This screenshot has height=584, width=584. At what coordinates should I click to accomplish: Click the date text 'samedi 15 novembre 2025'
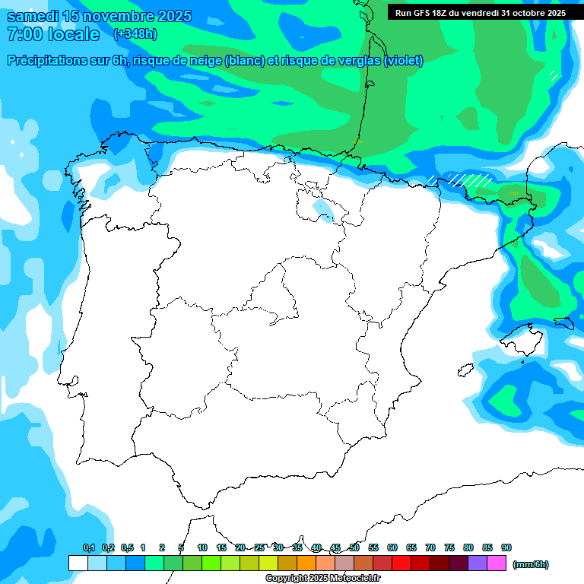point(99,16)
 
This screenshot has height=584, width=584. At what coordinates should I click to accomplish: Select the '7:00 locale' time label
point(52,34)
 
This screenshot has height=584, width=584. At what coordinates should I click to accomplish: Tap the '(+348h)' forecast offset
point(135,34)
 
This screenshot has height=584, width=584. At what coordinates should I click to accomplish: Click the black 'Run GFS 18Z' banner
point(478,12)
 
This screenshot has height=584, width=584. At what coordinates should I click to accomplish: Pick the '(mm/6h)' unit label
point(531,564)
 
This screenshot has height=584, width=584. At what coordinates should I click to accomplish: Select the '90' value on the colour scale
point(506,548)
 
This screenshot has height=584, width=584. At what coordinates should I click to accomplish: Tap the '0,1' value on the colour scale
point(88,548)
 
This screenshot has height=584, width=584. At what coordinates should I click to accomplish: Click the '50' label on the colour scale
point(354,548)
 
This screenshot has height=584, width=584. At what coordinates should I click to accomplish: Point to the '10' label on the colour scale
point(202,548)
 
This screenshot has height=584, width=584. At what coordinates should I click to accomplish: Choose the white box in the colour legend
point(78,563)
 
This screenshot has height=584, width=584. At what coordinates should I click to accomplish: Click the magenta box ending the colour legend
point(497,563)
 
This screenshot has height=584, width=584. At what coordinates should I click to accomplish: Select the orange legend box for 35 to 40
point(306,563)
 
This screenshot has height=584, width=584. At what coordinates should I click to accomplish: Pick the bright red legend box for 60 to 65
point(401,563)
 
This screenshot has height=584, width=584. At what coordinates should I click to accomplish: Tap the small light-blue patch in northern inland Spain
point(322,209)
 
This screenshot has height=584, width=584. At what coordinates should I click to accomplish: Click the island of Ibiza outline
point(465,370)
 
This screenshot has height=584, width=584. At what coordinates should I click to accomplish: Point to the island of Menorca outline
point(563,322)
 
